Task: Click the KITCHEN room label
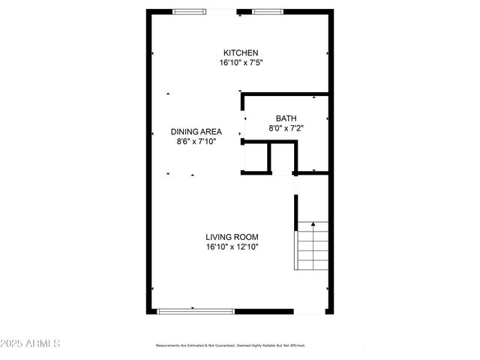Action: pyautogui.click(x=240, y=52)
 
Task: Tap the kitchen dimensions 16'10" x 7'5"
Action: pyautogui.click(x=240, y=63)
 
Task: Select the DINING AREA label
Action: pyautogui.click(x=196, y=131)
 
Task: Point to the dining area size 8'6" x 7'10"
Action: pyautogui.click(x=196, y=142)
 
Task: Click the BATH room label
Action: pyautogui.click(x=286, y=118)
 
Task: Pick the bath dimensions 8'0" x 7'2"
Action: pyautogui.click(x=286, y=128)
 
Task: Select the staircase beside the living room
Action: pyautogui.click(x=312, y=245)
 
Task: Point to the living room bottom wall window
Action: pyautogui.click(x=195, y=311)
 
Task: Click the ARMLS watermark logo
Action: pyautogui.click(x=40, y=343)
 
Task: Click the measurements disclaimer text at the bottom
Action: pyautogui.click(x=230, y=346)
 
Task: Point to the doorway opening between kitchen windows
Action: pyautogui.click(x=223, y=11)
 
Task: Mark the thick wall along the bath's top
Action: pyautogui.click(x=285, y=94)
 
